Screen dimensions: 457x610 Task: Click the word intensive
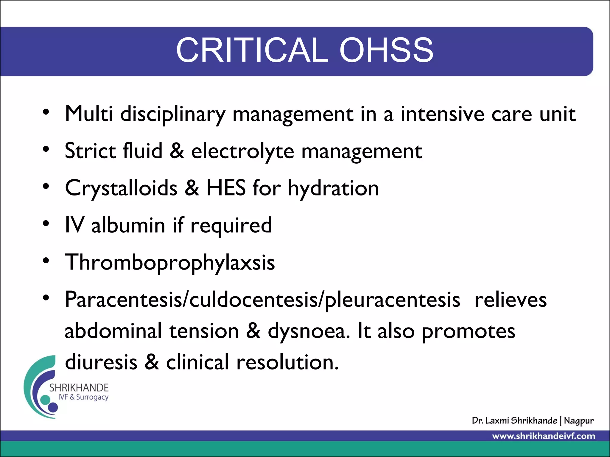pyautogui.click(x=442, y=114)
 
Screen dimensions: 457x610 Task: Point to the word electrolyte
pyautogui.click(x=242, y=151)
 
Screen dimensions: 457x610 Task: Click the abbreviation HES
pyautogui.click(x=226, y=188)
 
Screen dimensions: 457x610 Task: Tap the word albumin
pyautogui.click(x=128, y=225)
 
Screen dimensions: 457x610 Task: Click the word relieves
pyautogui.click(x=511, y=300)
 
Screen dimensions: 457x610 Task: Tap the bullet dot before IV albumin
pyautogui.click(x=46, y=223)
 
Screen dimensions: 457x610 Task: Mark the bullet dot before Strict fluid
pyautogui.click(x=46, y=149)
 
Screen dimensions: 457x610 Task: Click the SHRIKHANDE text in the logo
pyautogui.click(x=79, y=388)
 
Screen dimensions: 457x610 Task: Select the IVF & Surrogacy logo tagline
pyautogui.click(x=83, y=397)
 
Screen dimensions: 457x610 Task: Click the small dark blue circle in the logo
pyautogui.click(x=53, y=407)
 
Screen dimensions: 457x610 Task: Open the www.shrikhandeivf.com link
pyautogui.click(x=544, y=436)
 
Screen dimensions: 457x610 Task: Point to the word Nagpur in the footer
pyautogui.click(x=578, y=421)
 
